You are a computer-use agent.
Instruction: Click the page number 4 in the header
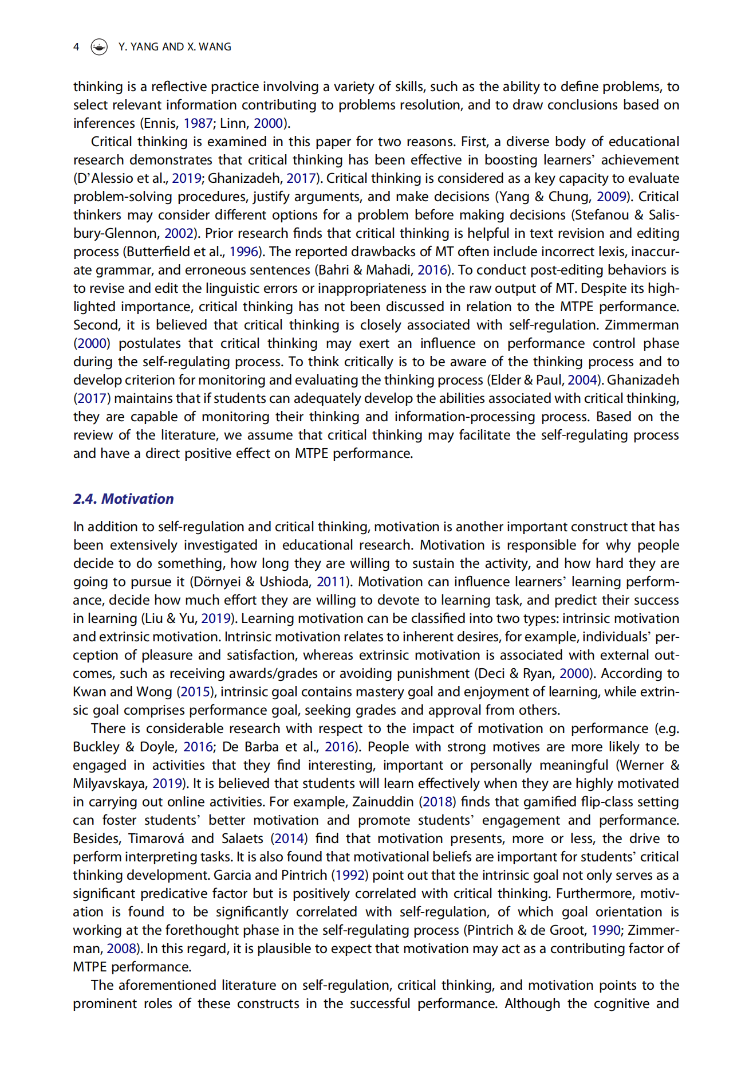pyautogui.click(x=76, y=47)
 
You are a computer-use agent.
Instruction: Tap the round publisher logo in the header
pyautogui.click(x=99, y=47)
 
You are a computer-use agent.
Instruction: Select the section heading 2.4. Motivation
pyautogui.click(x=123, y=499)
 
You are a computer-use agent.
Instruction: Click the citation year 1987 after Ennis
pyautogui.click(x=198, y=123)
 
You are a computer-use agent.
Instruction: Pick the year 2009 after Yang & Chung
pyautogui.click(x=612, y=197)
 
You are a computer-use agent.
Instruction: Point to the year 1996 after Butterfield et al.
pyautogui.click(x=244, y=252)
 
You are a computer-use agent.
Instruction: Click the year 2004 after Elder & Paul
pyautogui.click(x=582, y=380)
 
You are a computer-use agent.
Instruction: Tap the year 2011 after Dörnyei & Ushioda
pyautogui.click(x=332, y=582)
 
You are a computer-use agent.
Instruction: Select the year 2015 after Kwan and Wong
pyautogui.click(x=195, y=692)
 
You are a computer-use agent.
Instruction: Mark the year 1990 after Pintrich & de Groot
pyautogui.click(x=606, y=930)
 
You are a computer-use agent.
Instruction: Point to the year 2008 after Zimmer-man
pyautogui.click(x=121, y=948)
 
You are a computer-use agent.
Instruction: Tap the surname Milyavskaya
pyautogui.click(x=109, y=783)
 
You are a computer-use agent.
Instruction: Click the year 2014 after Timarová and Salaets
pyautogui.click(x=289, y=838)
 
